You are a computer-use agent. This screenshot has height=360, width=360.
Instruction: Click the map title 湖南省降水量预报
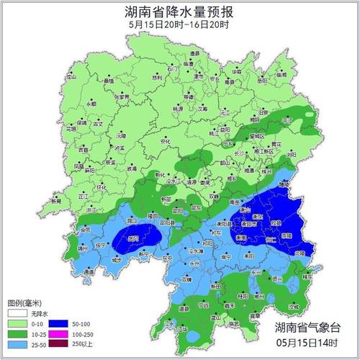click(180, 12)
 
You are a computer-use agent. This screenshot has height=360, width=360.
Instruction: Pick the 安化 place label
click(166, 143)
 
